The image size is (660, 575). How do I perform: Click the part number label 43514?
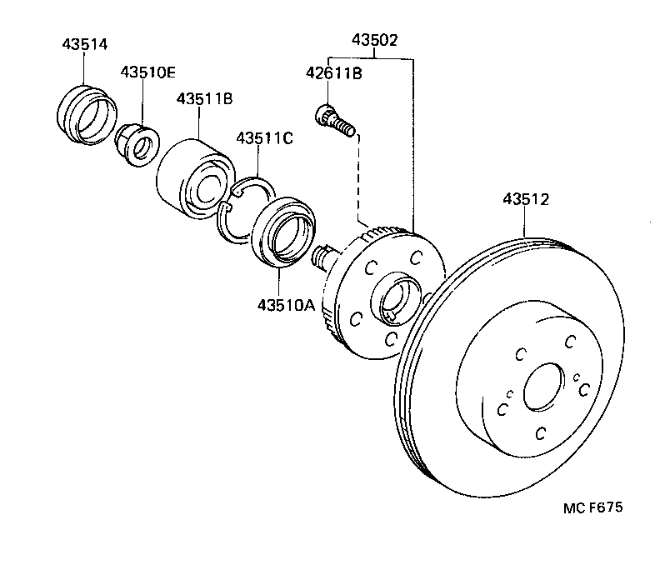tap(84, 44)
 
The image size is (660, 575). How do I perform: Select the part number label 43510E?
tap(147, 72)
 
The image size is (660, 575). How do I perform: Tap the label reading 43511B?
tap(203, 99)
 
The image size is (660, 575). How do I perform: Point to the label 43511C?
tap(264, 137)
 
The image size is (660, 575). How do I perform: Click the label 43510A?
tap(286, 305)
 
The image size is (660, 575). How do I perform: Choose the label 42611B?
tap(333, 74)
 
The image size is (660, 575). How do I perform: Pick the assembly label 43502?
tap(374, 39)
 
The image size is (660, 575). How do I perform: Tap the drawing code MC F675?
tap(592, 507)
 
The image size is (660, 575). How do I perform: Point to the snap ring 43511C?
tap(244, 210)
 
